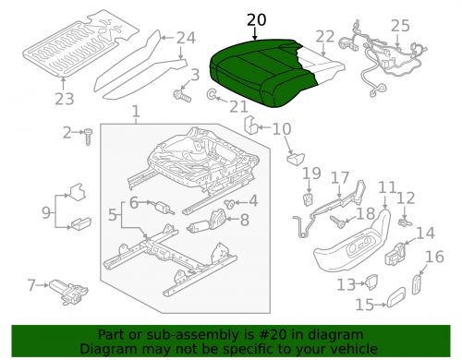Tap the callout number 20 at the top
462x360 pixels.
[255, 20]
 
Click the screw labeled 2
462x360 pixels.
[91, 136]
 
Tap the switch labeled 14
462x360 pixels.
[400, 251]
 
